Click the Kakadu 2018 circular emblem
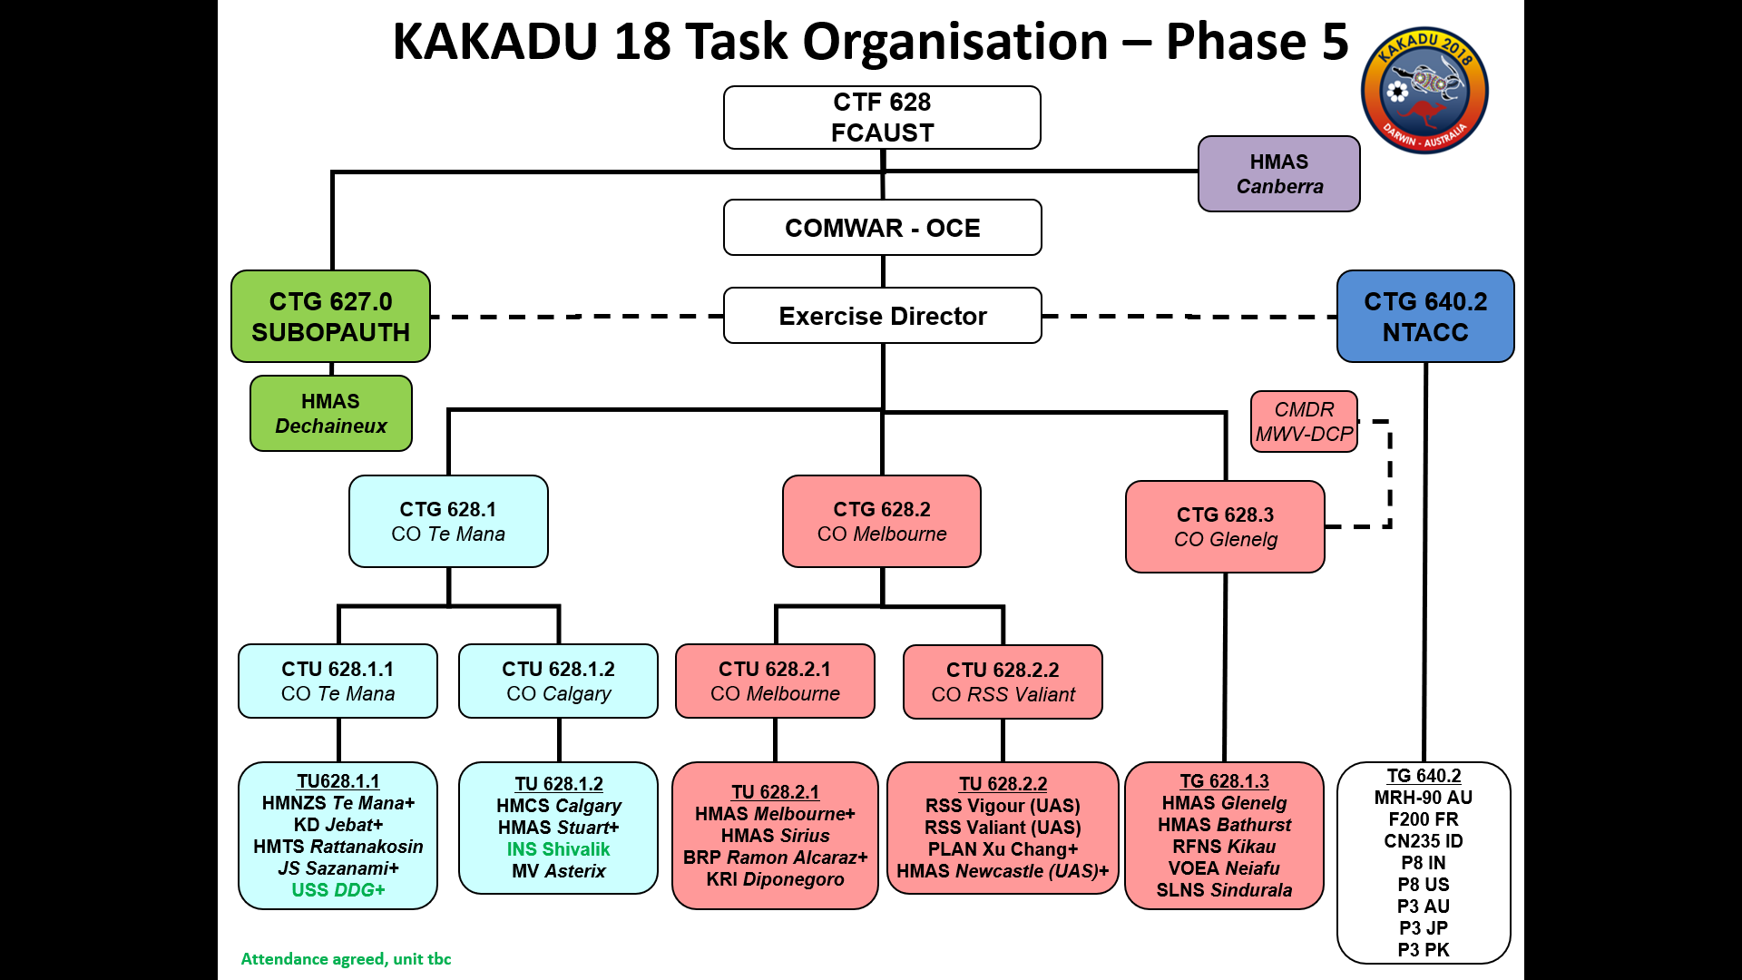[1424, 90]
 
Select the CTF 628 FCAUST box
[882, 117]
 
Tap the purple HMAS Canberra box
[1278, 173]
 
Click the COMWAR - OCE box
[882, 228]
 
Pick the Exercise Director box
[882, 316]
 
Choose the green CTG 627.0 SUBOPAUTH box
[330, 317]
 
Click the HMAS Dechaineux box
[330, 414]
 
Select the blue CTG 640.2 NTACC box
[1424, 317]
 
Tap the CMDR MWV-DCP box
[1304, 422]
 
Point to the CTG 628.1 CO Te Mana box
[448, 522]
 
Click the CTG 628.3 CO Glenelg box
[1225, 527]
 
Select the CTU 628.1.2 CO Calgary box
[558, 681]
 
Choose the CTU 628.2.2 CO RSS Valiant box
[1003, 682]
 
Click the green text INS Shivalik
[558, 849]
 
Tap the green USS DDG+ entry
[338, 890]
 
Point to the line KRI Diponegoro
[775, 879]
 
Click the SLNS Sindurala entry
[1224, 890]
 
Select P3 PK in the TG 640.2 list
[1423, 950]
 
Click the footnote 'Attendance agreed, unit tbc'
[346, 959]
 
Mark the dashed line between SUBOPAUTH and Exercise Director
[576, 317]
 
